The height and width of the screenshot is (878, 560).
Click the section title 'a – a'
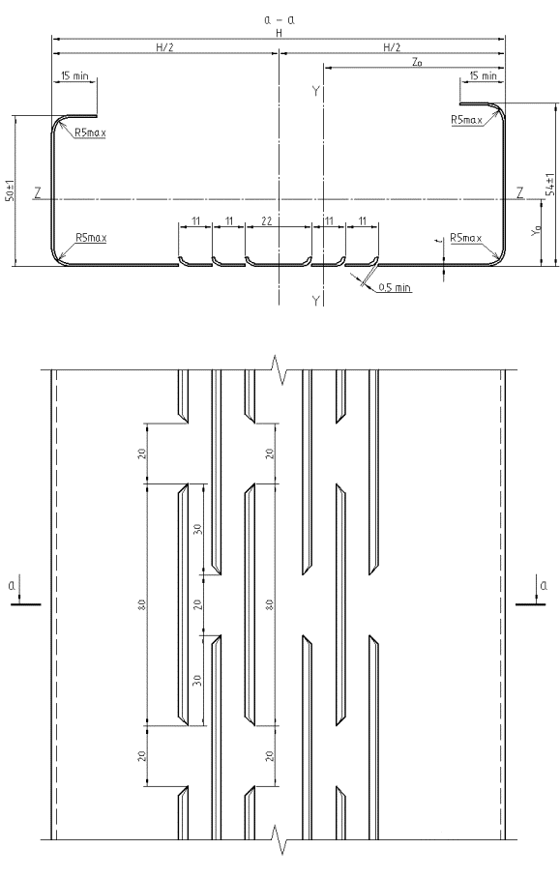click(x=280, y=19)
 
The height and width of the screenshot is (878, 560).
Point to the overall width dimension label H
click(x=279, y=33)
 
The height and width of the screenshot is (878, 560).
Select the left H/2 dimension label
click(x=164, y=47)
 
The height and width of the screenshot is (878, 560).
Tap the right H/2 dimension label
click(x=392, y=47)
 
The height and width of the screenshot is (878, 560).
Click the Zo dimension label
click(x=417, y=62)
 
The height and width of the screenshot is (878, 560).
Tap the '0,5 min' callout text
click(x=395, y=288)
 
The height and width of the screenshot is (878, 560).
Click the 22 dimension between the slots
click(x=267, y=221)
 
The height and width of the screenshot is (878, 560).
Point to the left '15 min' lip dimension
click(x=74, y=75)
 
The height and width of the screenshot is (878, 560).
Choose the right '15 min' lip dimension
click(x=483, y=75)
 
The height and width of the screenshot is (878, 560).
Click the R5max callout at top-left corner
click(x=90, y=133)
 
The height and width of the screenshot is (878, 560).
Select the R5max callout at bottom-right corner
click(x=466, y=238)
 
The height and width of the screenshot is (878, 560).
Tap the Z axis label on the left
click(x=37, y=193)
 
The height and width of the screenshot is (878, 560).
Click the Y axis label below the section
click(x=316, y=302)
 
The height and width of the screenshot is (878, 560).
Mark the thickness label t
click(x=442, y=240)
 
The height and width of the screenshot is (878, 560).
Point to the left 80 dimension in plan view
click(x=142, y=604)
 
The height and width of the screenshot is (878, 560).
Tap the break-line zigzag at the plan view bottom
click(x=279, y=841)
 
